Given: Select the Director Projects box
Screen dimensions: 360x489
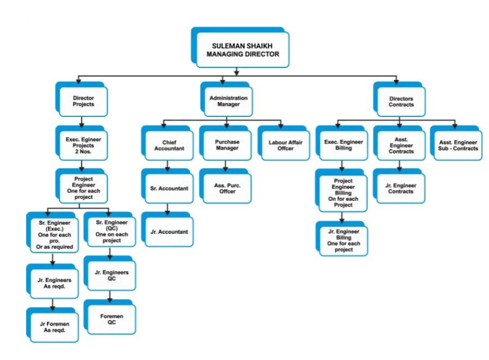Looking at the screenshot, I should [83, 102].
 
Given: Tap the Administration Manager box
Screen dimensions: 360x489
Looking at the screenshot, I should [228, 101].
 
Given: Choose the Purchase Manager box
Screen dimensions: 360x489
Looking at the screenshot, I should [226, 145].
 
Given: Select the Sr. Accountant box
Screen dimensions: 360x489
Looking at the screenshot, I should [169, 189].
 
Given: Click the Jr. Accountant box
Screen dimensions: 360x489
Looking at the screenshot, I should [169, 232].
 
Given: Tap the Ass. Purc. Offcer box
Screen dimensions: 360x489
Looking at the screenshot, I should [226, 188].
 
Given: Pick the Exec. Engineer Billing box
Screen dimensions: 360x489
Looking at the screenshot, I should [343, 145].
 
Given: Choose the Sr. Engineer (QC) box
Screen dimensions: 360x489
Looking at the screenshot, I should [112, 231].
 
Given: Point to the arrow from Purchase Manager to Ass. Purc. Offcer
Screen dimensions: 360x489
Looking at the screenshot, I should [226, 165].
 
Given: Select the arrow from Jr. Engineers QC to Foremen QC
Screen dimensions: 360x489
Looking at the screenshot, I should [111, 296].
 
